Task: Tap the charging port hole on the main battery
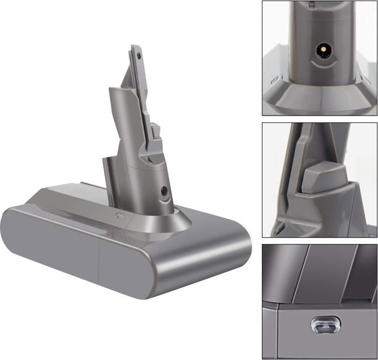pyautogui.click(x=164, y=190)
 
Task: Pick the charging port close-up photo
pyautogui.click(x=320, y=58)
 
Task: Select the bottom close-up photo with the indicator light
pyautogui.click(x=320, y=301)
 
